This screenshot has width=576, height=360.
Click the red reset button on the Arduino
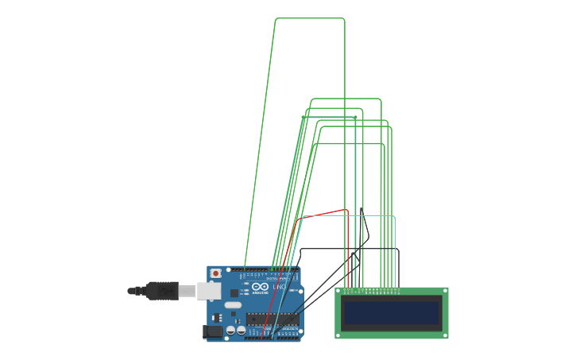(215, 273)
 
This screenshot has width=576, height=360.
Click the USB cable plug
(162, 291)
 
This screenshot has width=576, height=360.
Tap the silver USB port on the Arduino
(208, 291)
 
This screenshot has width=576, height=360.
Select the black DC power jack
(212, 331)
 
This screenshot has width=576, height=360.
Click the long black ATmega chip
(272, 319)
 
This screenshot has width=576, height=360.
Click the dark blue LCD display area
(391, 313)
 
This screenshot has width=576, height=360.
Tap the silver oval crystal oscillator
(233, 304)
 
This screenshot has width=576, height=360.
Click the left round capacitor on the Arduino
(230, 329)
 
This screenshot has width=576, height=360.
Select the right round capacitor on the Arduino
(241, 329)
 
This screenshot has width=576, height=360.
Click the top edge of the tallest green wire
(310, 18)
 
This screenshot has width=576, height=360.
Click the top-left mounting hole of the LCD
(339, 292)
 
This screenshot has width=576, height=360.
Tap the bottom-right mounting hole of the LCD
(444, 335)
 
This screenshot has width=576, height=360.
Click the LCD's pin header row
(371, 291)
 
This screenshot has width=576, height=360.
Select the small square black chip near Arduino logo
(234, 292)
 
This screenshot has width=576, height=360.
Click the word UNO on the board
(279, 287)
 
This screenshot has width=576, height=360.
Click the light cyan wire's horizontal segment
(350, 216)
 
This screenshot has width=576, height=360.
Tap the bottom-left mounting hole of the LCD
(339, 335)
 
